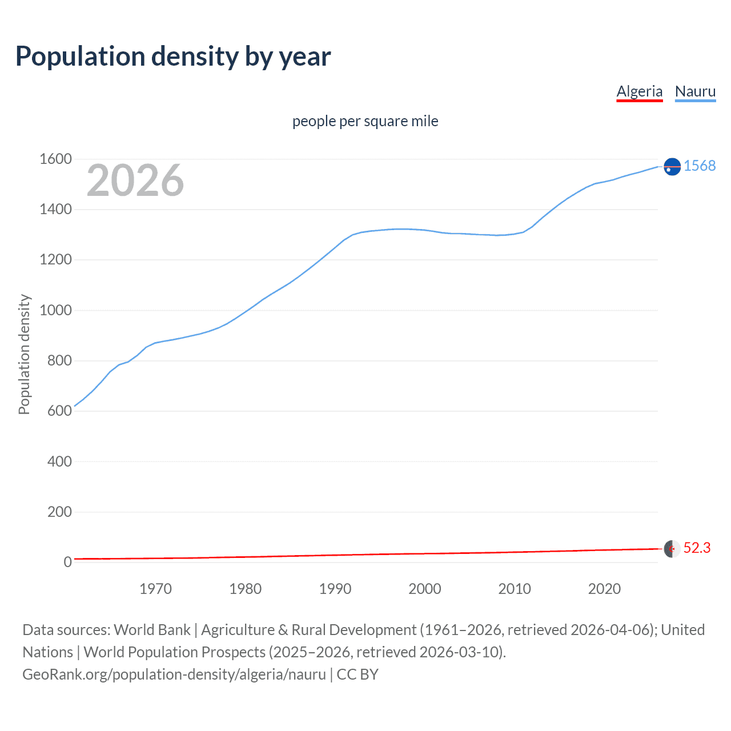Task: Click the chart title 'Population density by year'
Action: pyautogui.click(x=173, y=57)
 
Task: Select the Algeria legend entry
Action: pyautogui.click(x=639, y=91)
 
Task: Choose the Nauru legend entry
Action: pyautogui.click(x=695, y=91)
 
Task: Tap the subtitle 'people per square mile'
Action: pyautogui.click(x=365, y=121)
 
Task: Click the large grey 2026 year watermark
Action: pyautogui.click(x=135, y=180)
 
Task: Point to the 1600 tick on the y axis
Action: pyautogui.click(x=55, y=159)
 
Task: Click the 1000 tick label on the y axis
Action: pyautogui.click(x=55, y=310)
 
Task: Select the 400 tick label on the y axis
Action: pyautogui.click(x=59, y=461)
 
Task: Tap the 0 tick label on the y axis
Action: pyautogui.click(x=67, y=562)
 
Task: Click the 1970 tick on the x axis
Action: pyautogui.click(x=155, y=589)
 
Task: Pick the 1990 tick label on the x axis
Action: pyautogui.click(x=335, y=589)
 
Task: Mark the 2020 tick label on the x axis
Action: pyautogui.click(x=604, y=589)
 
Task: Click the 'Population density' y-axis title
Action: pyautogui.click(x=24, y=354)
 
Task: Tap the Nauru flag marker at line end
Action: pyautogui.click(x=672, y=166)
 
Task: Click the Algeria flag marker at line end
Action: pyautogui.click(x=672, y=549)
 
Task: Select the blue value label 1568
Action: pyautogui.click(x=700, y=166)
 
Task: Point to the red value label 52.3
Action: pyautogui.click(x=697, y=548)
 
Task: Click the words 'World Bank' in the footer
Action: pyautogui.click(x=152, y=630)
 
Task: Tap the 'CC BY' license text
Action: pyautogui.click(x=358, y=674)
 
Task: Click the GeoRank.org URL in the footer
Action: pyautogui.click(x=174, y=674)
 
